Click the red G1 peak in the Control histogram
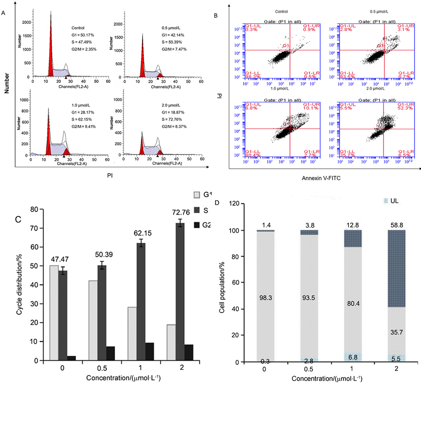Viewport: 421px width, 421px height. tap(50, 51)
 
